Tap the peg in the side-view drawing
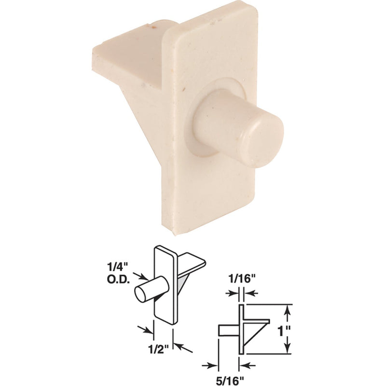(228, 330)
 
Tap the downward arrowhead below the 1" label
(288, 348)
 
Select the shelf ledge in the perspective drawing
(191, 261)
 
